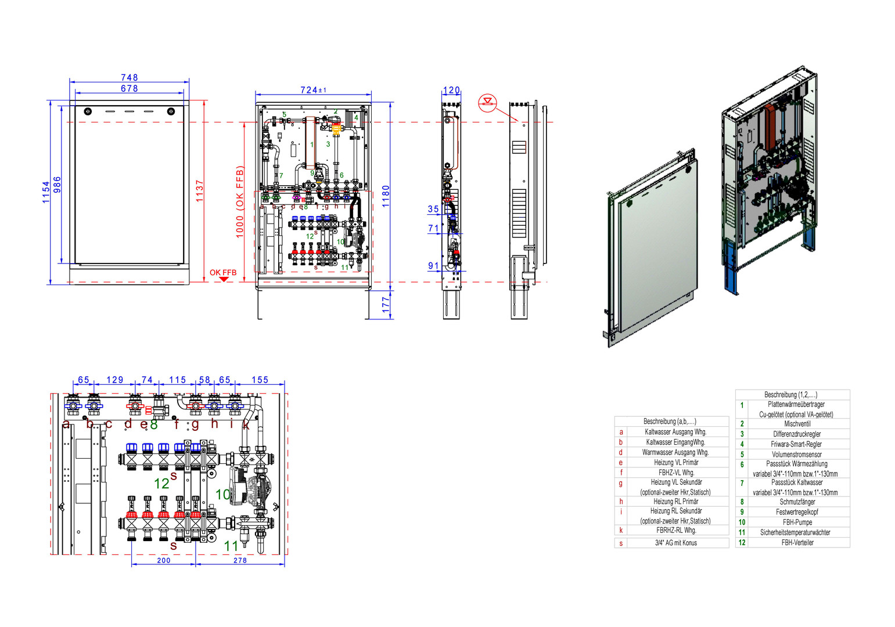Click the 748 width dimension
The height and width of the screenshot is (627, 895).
pos(129,77)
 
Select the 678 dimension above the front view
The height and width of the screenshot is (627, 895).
pos(129,89)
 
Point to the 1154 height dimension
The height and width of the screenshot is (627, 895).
pos(46,192)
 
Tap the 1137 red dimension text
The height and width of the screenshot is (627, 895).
pos(200,190)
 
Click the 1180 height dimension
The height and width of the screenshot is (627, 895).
pos(386,196)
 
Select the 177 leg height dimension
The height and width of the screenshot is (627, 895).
pos(386,305)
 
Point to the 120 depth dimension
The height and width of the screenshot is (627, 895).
pos(451,90)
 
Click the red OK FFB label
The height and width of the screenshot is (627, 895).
pos(223,272)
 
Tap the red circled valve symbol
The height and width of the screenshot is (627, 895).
pos(487,103)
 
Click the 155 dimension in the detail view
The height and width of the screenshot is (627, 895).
pos(260,380)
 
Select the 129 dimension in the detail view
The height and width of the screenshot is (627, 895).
pos(115,380)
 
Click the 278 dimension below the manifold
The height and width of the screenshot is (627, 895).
pos(240,560)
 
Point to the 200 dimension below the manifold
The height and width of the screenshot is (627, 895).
pos(164,560)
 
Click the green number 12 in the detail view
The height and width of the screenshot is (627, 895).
pos(161,483)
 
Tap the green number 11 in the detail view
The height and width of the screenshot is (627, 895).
pos(231,546)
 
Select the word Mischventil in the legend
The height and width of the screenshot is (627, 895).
pos(797,424)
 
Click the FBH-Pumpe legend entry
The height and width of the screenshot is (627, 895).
pos(797,522)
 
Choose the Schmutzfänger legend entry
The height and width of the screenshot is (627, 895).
pos(797,502)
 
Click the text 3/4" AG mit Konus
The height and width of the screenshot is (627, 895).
pos(675,543)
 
